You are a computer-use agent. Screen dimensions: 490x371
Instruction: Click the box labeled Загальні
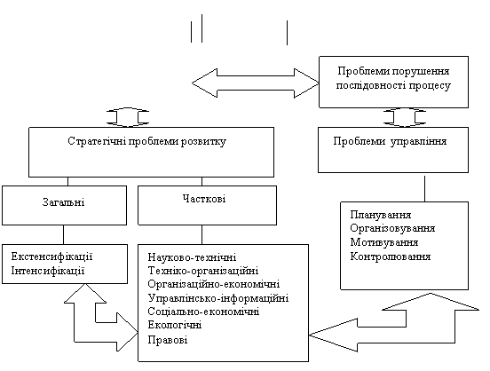(65, 205)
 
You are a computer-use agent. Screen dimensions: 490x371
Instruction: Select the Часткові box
(207, 205)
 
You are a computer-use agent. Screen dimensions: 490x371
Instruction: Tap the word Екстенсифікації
(51, 257)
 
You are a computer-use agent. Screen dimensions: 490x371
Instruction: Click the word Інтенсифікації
(48, 271)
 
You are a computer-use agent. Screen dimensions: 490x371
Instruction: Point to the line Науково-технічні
(192, 257)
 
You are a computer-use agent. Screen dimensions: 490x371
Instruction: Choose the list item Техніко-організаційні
(203, 271)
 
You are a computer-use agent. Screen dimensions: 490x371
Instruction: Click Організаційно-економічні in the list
(214, 284)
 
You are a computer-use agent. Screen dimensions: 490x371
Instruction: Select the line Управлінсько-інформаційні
(218, 298)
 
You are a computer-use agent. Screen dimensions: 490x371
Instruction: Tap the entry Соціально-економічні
(203, 312)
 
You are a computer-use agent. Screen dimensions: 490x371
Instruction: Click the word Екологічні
(175, 325)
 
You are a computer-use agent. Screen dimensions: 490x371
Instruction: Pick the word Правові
(168, 339)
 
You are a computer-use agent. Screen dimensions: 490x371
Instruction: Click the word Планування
(381, 215)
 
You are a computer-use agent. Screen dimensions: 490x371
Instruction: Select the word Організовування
(392, 228)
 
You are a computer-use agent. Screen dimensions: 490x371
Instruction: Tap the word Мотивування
(384, 242)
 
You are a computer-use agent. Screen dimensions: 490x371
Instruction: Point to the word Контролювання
(391, 257)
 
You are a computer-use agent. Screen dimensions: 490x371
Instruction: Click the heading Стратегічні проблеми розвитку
(146, 141)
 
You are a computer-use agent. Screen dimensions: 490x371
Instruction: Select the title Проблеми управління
(390, 141)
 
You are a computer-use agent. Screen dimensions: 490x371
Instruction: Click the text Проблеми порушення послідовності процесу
(393, 78)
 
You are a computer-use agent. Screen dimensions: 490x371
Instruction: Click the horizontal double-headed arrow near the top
(256, 83)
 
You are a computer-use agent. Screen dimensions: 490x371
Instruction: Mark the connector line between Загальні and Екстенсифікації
(63, 234)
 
